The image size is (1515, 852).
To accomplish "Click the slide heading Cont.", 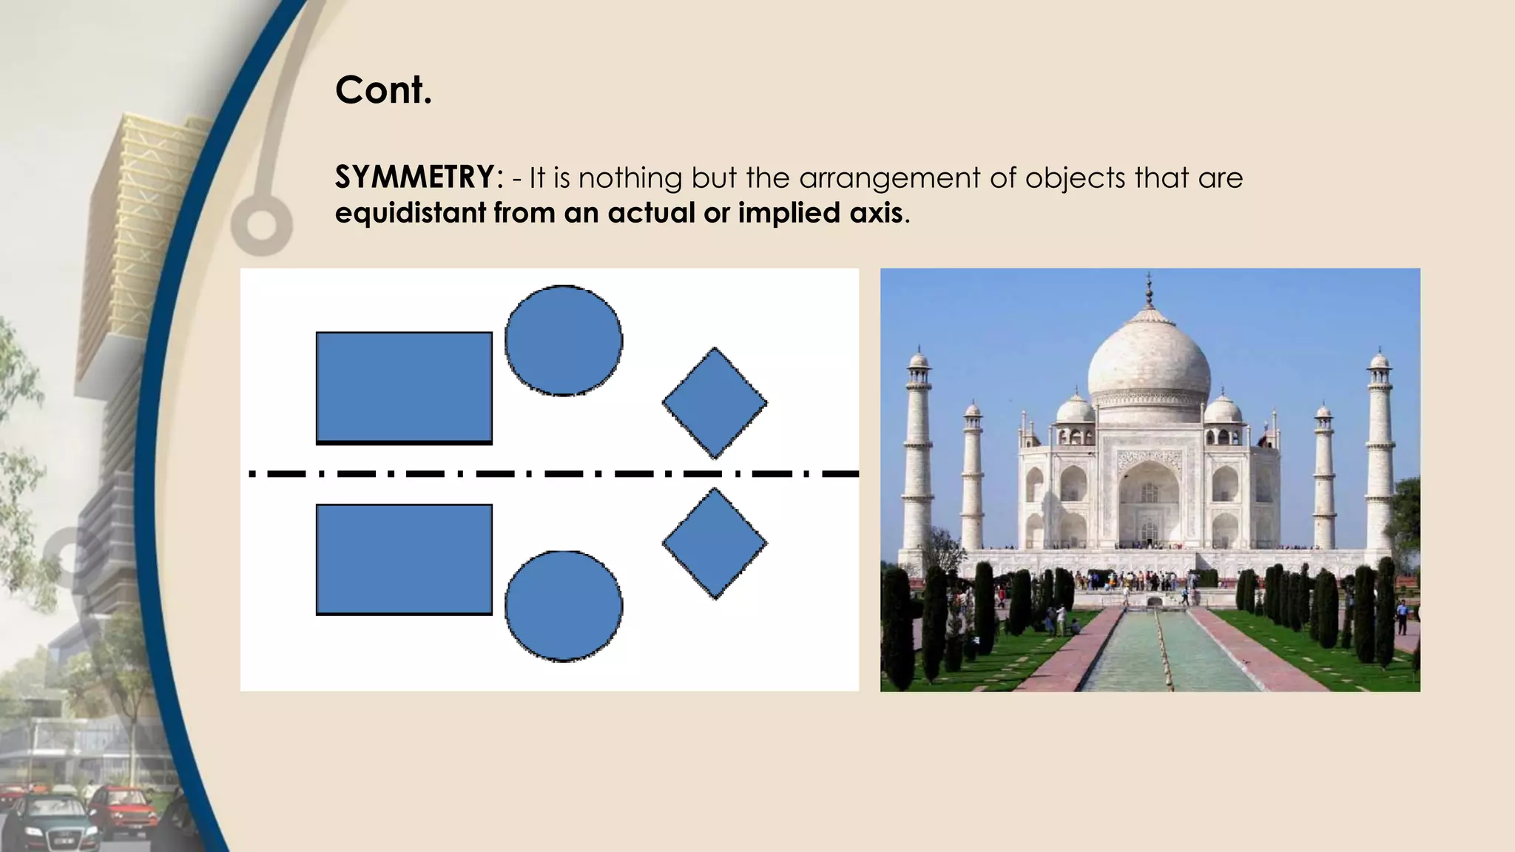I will pyautogui.click(x=383, y=90).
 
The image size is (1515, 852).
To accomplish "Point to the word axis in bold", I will pyautogui.click(x=877, y=213).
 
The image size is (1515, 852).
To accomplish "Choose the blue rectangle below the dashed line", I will pyautogui.click(x=404, y=559).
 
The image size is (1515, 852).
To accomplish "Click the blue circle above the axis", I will pyautogui.click(x=564, y=340).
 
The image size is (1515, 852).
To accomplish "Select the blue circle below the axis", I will pyautogui.click(x=564, y=605).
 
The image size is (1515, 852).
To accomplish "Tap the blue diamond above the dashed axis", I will pyautogui.click(x=715, y=403).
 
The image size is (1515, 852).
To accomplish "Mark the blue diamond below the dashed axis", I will pyautogui.click(x=715, y=544).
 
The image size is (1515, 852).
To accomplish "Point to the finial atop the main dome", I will pyautogui.click(x=1149, y=288).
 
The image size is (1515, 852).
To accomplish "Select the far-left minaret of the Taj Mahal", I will pyautogui.click(x=918, y=451).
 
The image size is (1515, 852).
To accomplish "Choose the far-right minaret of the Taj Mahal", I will pyautogui.click(x=1379, y=451).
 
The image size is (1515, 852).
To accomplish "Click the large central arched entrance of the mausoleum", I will pyautogui.click(x=1149, y=503).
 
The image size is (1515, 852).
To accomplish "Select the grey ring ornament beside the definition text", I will pyautogui.click(x=261, y=225).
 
